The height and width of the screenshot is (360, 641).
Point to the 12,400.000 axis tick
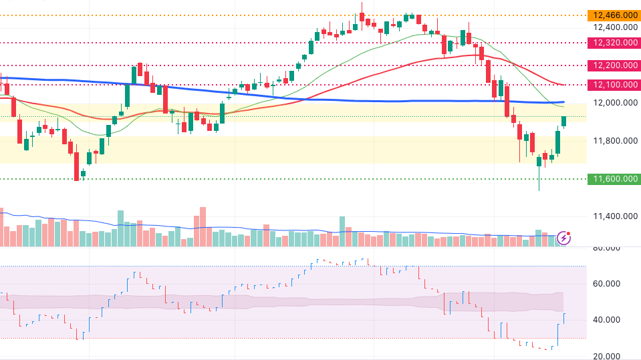(x=613, y=27)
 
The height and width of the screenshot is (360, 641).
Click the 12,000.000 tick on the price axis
(x=613, y=103)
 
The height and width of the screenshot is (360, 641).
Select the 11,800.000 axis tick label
(x=613, y=141)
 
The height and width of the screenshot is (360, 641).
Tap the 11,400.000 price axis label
(x=613, y=216)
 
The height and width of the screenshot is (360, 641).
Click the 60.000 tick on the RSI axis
(x=607, y=284)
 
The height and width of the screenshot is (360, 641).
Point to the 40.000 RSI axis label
(x=607, y=320)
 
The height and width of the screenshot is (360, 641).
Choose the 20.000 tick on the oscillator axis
(x=607, y=356)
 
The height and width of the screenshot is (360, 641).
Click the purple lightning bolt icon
(x=565, y=237)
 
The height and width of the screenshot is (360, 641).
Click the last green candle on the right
(x=564, y=121)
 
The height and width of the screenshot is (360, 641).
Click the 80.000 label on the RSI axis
(x=607, y=248)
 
